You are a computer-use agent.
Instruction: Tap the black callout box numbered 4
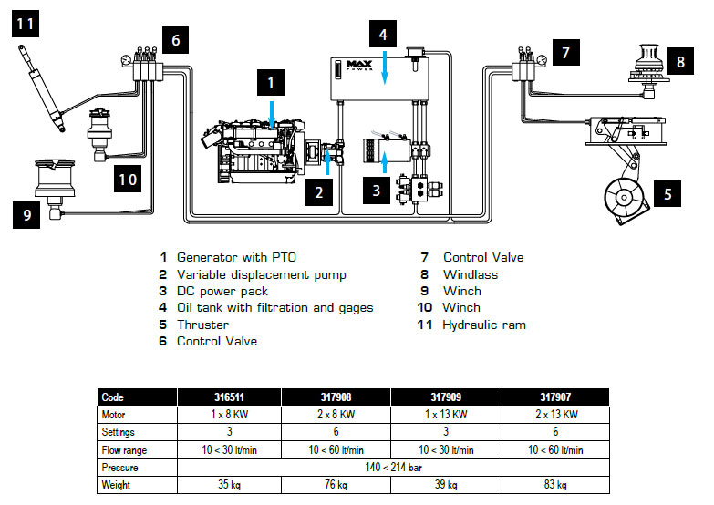click(x=384, y=35)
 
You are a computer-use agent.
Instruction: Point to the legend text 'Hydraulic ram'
click(x=483, y=325)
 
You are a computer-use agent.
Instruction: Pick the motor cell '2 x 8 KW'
click(x=336, y=416)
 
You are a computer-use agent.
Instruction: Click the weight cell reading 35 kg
click(x=228, y=484)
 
